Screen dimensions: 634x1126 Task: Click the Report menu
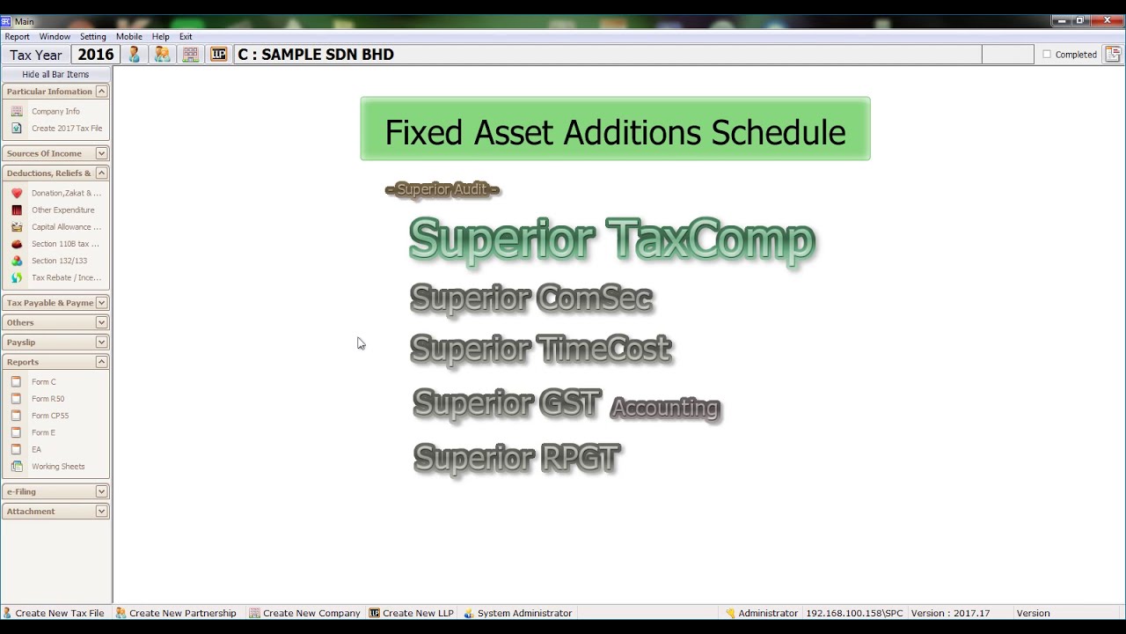pos(17,37)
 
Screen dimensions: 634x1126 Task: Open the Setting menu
pos(92,37)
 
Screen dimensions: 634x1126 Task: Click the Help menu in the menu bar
pos(160,37)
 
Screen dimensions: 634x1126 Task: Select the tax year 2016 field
pos(96,55)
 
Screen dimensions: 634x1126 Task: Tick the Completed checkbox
pos(1047,55)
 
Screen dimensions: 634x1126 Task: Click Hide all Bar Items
pos(55,75)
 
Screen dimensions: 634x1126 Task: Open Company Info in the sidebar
pos(55,112)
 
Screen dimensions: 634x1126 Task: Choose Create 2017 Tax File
pos(66,129)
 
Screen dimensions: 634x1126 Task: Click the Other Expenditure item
pos(62,210)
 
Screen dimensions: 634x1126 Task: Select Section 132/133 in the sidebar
pos(59,262)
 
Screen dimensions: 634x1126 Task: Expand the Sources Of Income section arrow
pos(101,153)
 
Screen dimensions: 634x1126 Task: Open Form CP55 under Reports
pos(49,416)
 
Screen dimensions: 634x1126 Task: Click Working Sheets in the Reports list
pos(58,467)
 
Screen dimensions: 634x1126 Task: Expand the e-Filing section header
pos(101,491)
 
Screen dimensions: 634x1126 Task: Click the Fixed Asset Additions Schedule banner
pos(615,129)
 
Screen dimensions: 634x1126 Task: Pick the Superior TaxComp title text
pos(611,240)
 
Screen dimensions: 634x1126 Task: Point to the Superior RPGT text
pos(516,459)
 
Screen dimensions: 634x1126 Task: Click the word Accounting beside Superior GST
pos(665,408)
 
